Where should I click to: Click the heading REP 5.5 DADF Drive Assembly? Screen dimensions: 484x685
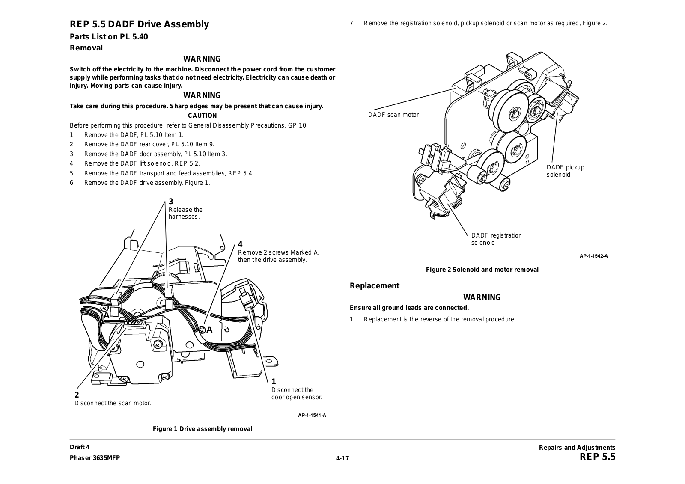(x=140, y=24)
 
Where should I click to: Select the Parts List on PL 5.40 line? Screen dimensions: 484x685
(x=109, y=37)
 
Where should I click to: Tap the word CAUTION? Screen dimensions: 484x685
(x=203, y=116)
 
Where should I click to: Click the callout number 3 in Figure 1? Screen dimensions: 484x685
(x=171, y=202)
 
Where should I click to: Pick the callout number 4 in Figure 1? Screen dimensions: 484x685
(x=240, y=244)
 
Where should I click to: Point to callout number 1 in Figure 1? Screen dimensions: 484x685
(x=274, y=382)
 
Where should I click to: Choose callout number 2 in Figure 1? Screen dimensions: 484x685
(x=77, y=395)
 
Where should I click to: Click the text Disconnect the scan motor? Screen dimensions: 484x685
(x=113, y=403)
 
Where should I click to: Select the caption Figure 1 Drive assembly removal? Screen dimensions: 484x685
(x=203, y=429)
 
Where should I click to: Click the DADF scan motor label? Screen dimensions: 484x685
(x=393, y=115)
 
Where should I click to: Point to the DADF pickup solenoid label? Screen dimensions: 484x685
(x=565, y=171)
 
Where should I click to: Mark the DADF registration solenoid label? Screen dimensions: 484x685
(x=496, y=239)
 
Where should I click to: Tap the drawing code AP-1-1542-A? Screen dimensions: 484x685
(x=594, y=256)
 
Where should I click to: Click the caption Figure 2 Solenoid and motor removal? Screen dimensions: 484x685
(x=482, y=270)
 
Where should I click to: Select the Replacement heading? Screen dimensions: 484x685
(x=375, y=286)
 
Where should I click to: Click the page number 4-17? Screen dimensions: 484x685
(x=342, y=458)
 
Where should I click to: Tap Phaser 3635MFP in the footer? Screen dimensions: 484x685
(x=95, y=457)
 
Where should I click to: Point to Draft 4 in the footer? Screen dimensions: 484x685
(x=80, y=448)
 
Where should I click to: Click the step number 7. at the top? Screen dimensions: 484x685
(x=352, y=23)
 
